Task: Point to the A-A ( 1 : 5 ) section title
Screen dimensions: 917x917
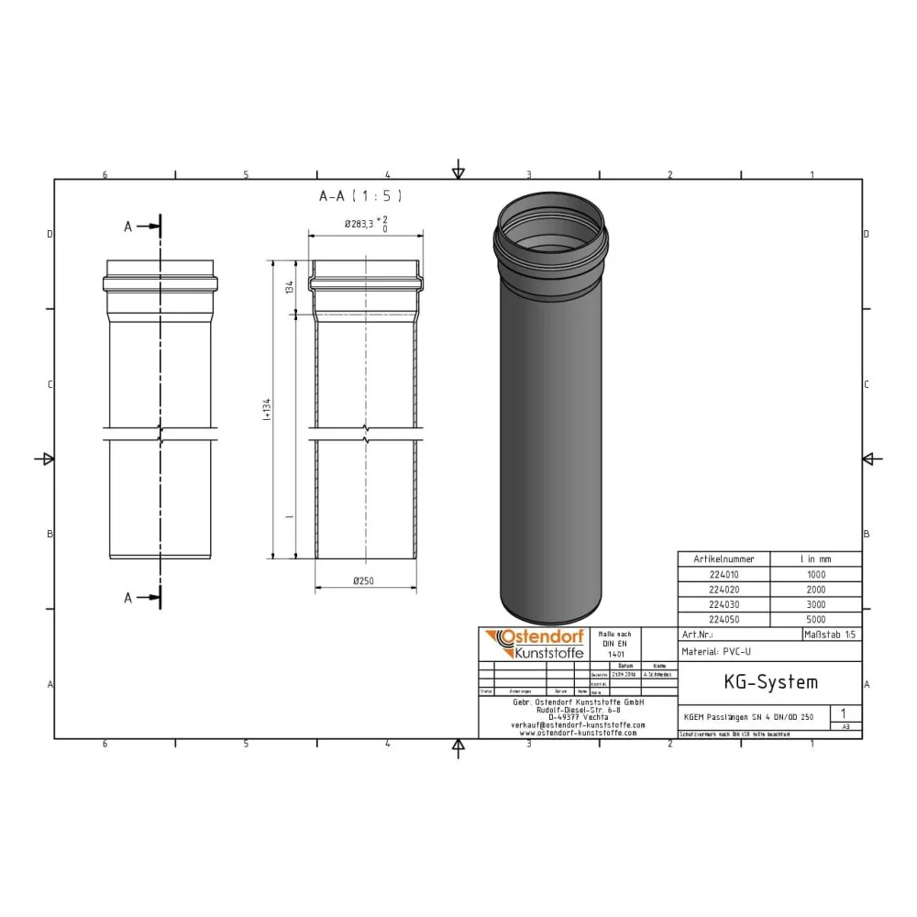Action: click(359, 195)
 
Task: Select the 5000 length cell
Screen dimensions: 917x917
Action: click(815, 620)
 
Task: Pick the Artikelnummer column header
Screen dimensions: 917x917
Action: click(724, 558)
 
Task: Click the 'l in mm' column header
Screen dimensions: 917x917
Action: click(815, 558)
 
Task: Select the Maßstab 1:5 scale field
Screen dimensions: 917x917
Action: click(831, 635)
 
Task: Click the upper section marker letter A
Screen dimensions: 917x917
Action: click(128, 227)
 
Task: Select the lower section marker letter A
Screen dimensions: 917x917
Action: click(128, 597)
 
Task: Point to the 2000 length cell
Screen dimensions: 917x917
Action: click(815, 590)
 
